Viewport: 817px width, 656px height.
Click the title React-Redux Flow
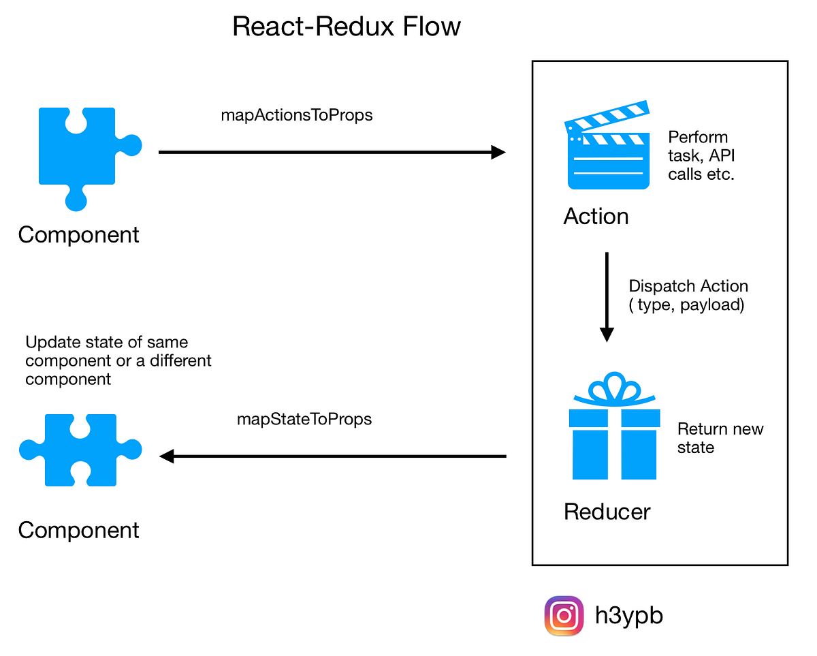347,27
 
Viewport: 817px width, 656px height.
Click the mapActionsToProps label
297,115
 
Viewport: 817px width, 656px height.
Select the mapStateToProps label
304,418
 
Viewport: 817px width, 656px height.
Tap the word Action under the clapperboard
596,217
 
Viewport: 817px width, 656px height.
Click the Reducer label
607,512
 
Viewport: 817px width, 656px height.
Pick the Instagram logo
564,616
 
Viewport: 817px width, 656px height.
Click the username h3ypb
628,616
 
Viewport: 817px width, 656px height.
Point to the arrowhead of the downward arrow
607,334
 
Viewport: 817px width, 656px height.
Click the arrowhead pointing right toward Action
499,153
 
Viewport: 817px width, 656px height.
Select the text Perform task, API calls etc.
701,155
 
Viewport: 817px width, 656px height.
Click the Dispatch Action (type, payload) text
688,295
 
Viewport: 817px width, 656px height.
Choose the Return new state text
720,438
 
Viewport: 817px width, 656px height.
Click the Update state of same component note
118,360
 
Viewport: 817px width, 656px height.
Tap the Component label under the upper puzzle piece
78,234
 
